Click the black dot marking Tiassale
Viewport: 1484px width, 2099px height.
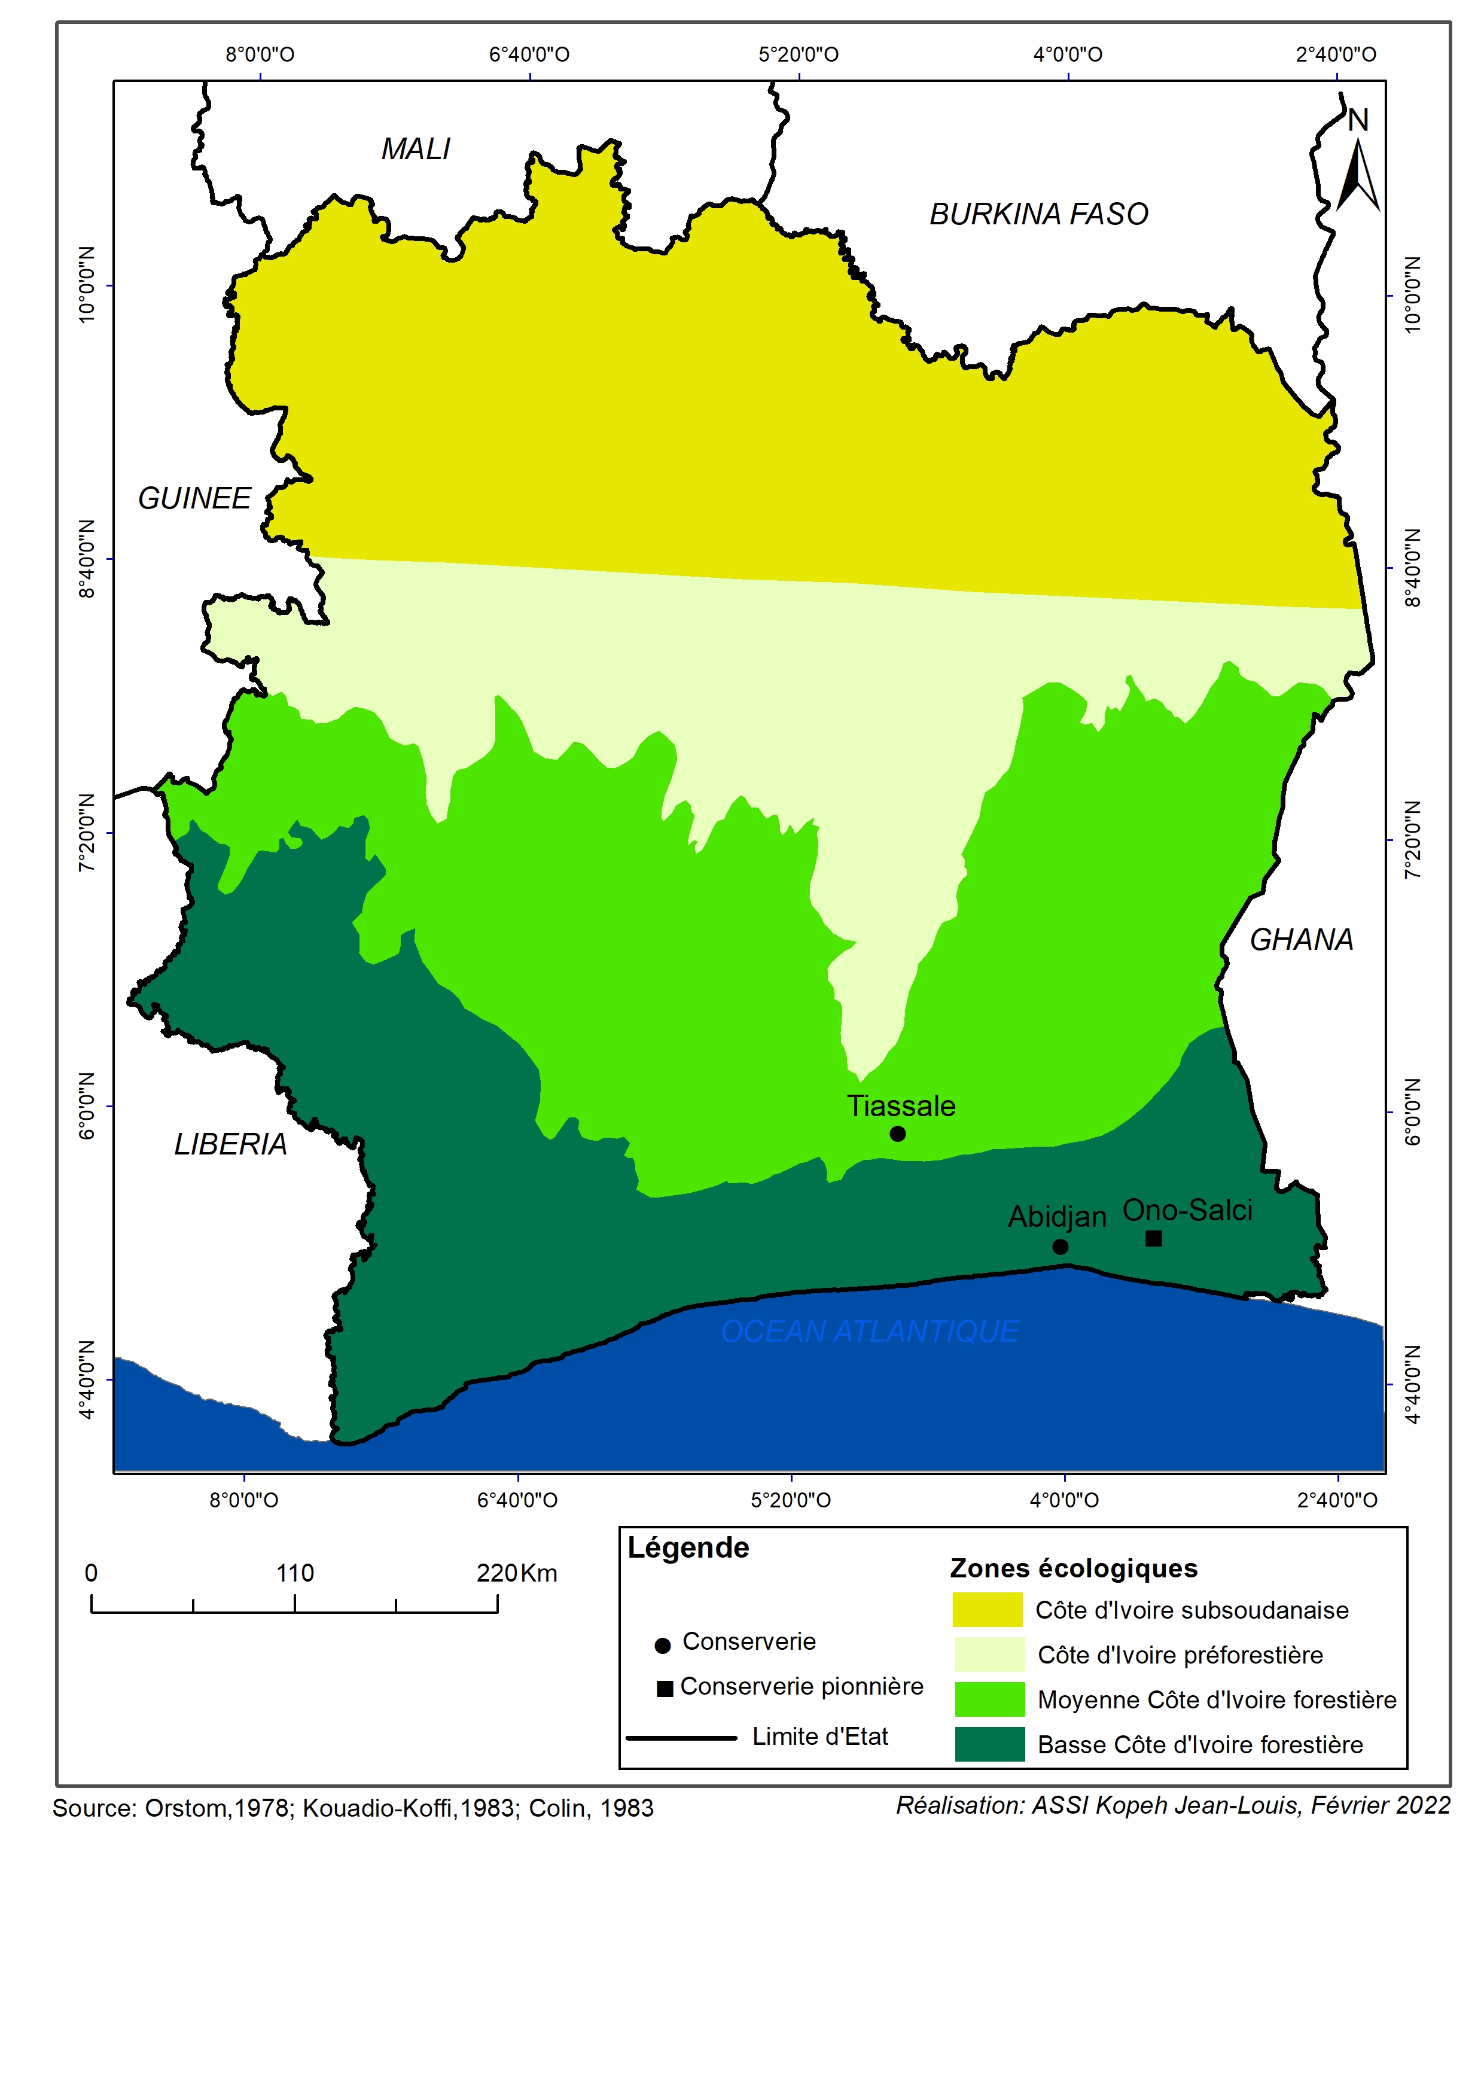coord(898,1134)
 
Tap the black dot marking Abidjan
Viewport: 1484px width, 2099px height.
coord(1060,1247)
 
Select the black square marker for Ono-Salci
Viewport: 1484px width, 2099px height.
coord(1154,1239)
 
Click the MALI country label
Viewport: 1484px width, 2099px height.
coord(416,149)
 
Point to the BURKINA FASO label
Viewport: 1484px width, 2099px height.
coord(1039,214)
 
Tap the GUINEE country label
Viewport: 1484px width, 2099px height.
coord(194,498)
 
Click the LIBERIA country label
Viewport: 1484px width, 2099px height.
coord(230,1144)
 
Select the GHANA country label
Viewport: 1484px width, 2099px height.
coord(1301,940)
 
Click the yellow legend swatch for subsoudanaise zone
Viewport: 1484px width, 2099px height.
coord(988,1610)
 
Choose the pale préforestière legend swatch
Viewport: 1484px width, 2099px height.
coord(989,1655)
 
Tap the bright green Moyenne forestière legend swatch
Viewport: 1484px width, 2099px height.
coord(989,1699)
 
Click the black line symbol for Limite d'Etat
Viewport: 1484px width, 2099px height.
coord(682,1737)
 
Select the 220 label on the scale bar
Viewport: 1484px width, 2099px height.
coord(498,1573)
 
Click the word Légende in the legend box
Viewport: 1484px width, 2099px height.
coord(688,1547)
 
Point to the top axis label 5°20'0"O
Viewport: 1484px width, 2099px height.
coord(799,54)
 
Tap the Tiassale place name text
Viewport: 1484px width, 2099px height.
coord(901,1106)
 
